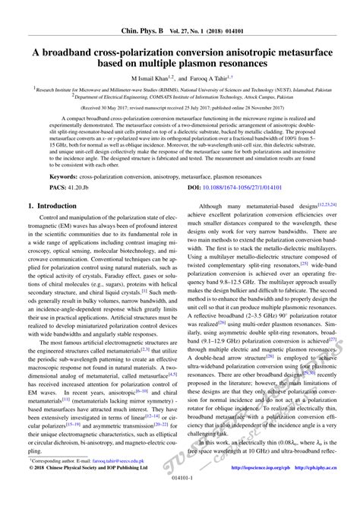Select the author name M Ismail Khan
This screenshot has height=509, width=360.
(x=153, y=77)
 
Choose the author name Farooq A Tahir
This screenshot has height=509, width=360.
(x=214, y=77)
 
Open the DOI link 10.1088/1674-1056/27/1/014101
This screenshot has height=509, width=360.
(x=242, y=207)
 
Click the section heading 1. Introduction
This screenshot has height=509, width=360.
(x=58, y=226)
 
